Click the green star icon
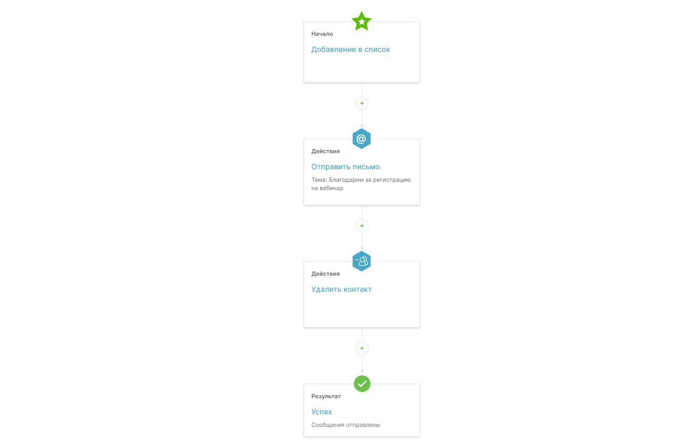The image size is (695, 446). pos(361,21)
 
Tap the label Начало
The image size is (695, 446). pos(322,34)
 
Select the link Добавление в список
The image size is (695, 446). pos(350,49)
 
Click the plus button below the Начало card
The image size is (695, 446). pos(362,103)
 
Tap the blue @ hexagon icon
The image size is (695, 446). pos(361,139)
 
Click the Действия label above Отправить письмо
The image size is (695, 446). pos(325,151)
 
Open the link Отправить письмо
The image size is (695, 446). pos(345,167)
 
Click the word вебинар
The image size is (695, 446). pos(332,188)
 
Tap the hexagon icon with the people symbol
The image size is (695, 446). pos(361,261)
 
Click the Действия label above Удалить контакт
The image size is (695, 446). pos(325,274)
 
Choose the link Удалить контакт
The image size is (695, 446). pos(342,289)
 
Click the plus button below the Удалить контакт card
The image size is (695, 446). pos(362,348)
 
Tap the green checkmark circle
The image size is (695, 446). pos(362,384)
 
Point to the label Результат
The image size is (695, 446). pos(326,396)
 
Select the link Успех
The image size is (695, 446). pos(321,412)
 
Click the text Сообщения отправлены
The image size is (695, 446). pos(346,425)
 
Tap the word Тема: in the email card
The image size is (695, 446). pos(319,180)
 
